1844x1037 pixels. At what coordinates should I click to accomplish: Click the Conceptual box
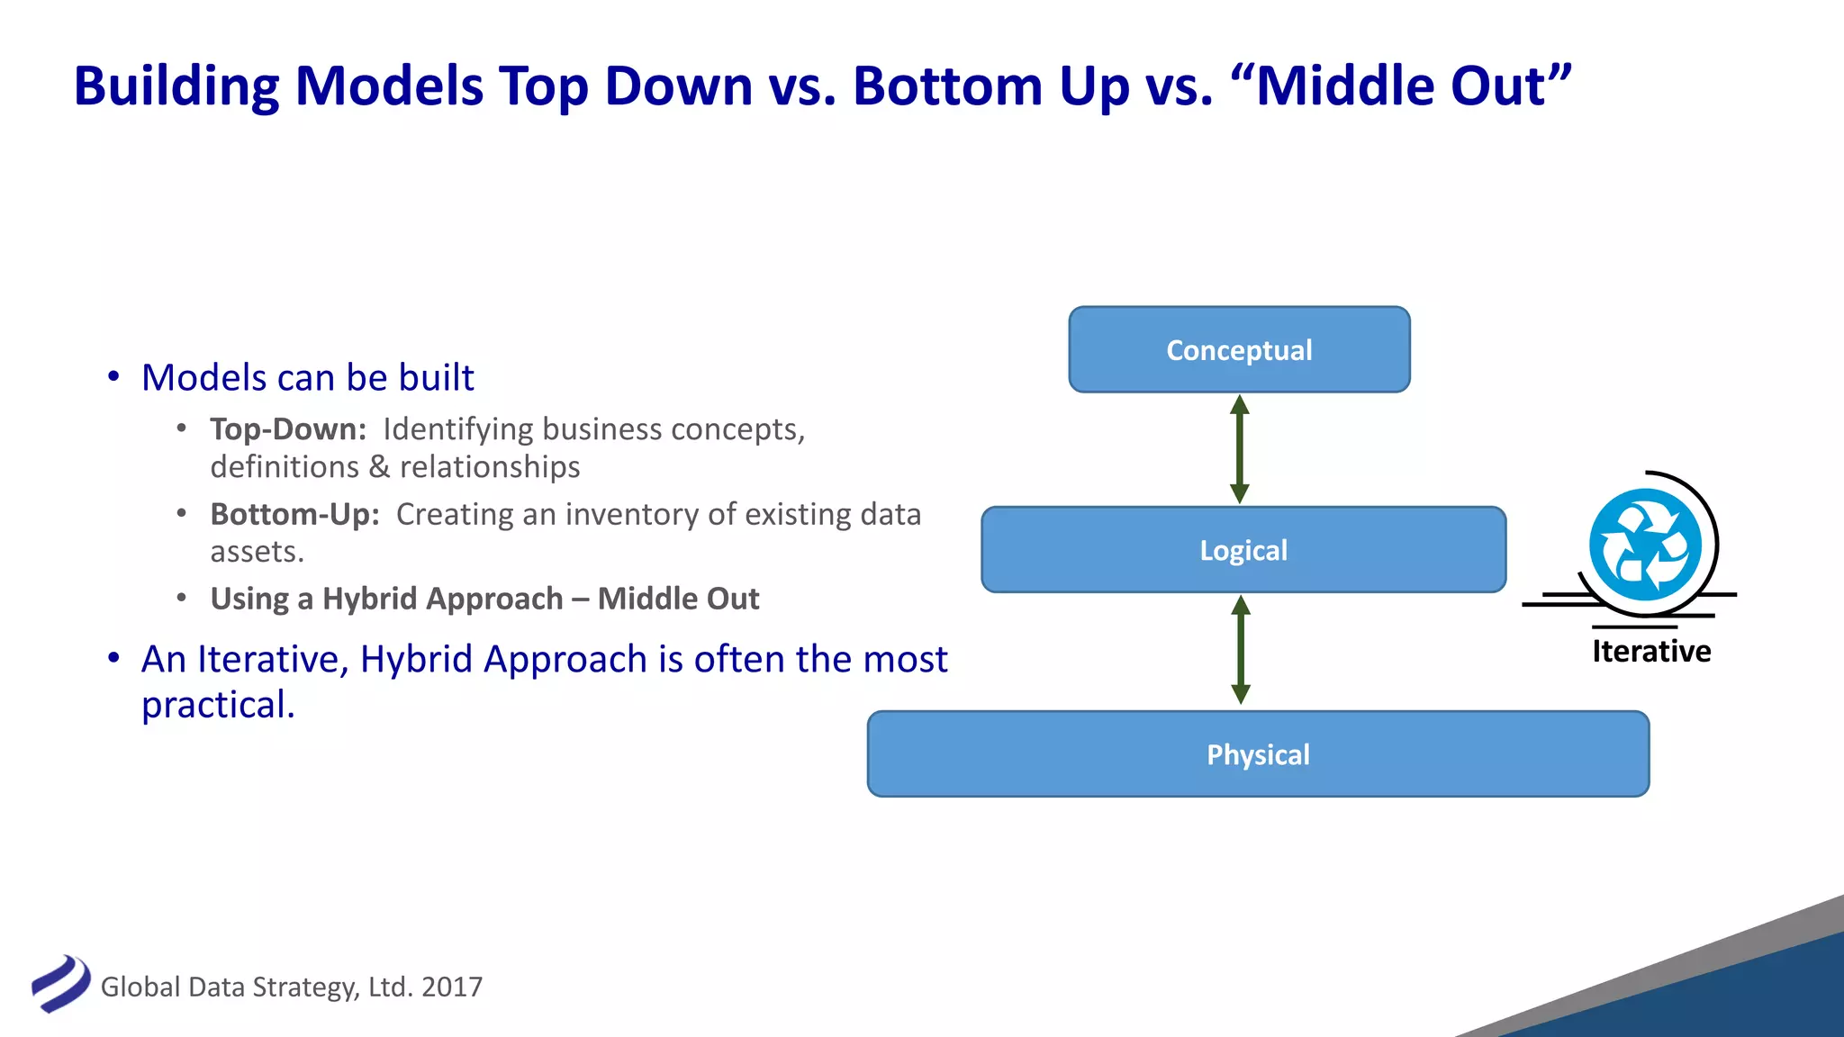[x=1239, y=349]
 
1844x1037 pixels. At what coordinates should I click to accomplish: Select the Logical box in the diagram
[x=1243, y=549]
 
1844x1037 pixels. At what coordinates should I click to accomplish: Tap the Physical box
[x=1258, y=754]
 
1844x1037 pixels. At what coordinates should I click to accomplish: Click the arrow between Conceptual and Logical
[x=1240, y=449]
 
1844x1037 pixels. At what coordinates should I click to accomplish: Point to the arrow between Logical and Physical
[x=1241, y=650]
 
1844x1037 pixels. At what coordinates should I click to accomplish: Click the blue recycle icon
[x=1645, y=545]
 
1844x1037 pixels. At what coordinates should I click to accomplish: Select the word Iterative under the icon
[x=1650, y=651]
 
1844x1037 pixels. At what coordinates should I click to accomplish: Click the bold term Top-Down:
[x=288, y=429]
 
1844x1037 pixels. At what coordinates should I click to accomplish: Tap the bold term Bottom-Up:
[x=294, y=514]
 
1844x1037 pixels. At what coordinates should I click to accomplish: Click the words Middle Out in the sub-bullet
[x=678, y=599]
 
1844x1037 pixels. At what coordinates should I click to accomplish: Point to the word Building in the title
[x=176, y=86]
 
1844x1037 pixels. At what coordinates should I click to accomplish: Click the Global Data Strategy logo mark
[x=60, y=984]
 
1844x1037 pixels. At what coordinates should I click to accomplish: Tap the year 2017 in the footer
[x=452, y=987]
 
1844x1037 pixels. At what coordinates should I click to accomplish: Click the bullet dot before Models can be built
[x=113, y=377]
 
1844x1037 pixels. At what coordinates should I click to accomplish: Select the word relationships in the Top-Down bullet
[x=490, y=467]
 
